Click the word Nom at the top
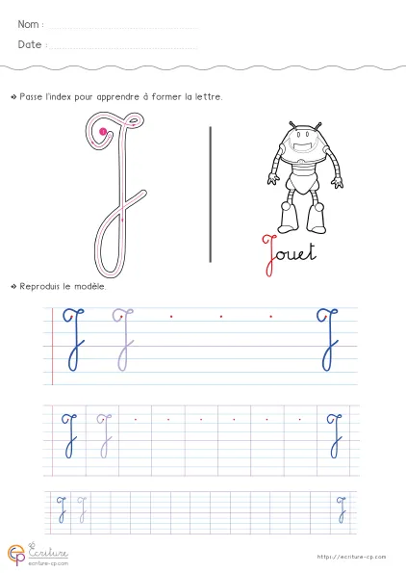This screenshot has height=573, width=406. [x=28, y=24]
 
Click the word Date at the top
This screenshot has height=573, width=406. [x=30, y=44]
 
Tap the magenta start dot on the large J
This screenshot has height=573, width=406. [x=103, y=131]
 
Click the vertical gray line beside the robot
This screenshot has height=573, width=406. [x=211, y=194]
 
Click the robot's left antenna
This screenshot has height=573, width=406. [x=292, y=126]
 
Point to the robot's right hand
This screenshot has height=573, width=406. [x=273, y=179]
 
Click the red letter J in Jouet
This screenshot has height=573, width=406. [x=269, y=255]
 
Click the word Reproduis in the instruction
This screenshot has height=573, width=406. [x=39, y=287]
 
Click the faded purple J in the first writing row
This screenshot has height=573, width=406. [x=123, y=340]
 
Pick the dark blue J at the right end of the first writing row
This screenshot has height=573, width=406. [x=327, y=340]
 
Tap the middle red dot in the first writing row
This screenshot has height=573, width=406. [x=221, y=317]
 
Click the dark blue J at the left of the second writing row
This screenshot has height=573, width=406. [x=69, y=435]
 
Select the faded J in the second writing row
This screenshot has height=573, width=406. [x=105, y=435]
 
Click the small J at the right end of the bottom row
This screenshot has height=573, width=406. [x=342, y=509]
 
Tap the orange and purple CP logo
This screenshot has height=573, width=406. [x=16, y=556]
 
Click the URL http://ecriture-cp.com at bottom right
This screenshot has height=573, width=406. [x=351, y=557]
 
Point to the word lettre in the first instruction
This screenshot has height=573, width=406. [x=208, y=97]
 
